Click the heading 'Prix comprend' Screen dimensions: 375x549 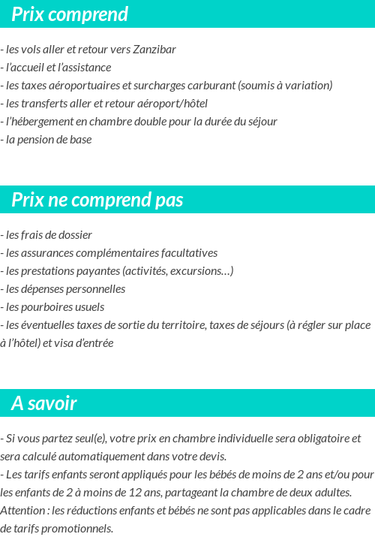(70, 14)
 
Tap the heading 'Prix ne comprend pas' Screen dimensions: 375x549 (97, 200)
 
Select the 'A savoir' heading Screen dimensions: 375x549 (44, 403)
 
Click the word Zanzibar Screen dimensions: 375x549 (154, 50)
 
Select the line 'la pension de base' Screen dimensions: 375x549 (48, 140)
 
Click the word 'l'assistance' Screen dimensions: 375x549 (84, 68)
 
